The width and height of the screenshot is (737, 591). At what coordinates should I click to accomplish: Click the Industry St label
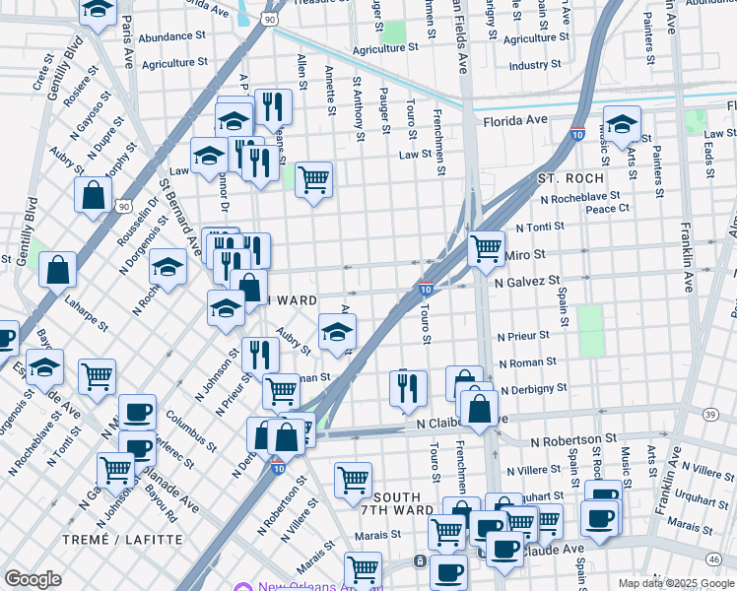[x=535, y=66]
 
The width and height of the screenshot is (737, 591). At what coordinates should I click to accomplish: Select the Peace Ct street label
[x=607, y=209]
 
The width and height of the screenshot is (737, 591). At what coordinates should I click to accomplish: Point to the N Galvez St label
[x=527, y=282]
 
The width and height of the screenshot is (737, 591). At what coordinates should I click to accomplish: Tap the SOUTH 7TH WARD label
[x=403, y=503]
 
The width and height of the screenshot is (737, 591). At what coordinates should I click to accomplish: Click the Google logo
[x=33, y=579]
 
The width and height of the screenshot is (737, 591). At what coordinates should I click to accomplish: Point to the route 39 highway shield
[x=711, y=415]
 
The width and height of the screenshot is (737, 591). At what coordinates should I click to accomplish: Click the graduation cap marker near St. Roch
[x=622, y=124]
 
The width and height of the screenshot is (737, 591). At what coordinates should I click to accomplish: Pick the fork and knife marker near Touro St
[x=407, y=386]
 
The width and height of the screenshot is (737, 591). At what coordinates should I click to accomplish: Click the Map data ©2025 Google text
[x=675, y=583]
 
